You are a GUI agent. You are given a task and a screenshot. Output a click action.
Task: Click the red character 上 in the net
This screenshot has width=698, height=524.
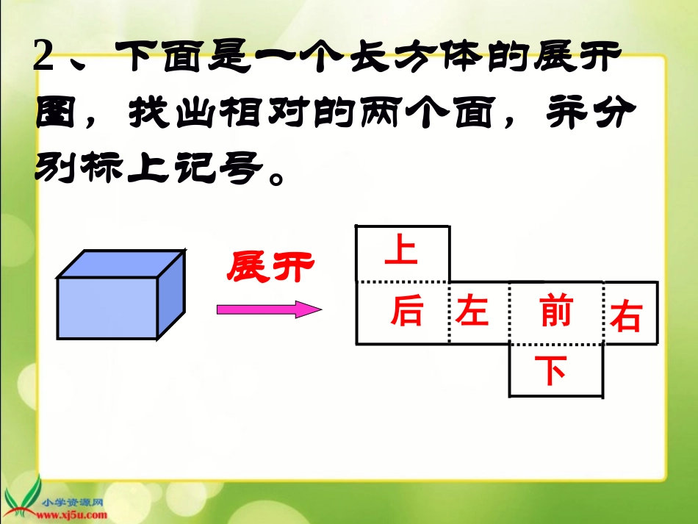[x=401, y=249]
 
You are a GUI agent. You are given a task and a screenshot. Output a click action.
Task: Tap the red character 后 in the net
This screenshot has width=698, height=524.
[x=407, y=312]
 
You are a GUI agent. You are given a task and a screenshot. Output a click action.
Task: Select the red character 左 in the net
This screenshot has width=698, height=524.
[x=472, y=312]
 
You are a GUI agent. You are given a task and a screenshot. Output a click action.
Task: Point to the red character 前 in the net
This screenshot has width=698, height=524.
[x=555, y=312]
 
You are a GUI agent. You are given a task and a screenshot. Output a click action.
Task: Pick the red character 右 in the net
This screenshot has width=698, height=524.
[x=626, y=316]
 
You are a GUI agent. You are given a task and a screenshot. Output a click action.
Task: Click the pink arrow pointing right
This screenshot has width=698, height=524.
[x=269, y=309]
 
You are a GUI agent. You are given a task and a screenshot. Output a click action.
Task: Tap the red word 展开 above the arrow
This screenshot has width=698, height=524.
[x=270, y=267]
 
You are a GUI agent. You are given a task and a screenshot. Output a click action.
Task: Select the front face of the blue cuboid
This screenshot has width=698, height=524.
[x=107, y=308]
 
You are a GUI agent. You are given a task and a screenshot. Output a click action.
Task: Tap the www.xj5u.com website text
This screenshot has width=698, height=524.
[x=74, y=513]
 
